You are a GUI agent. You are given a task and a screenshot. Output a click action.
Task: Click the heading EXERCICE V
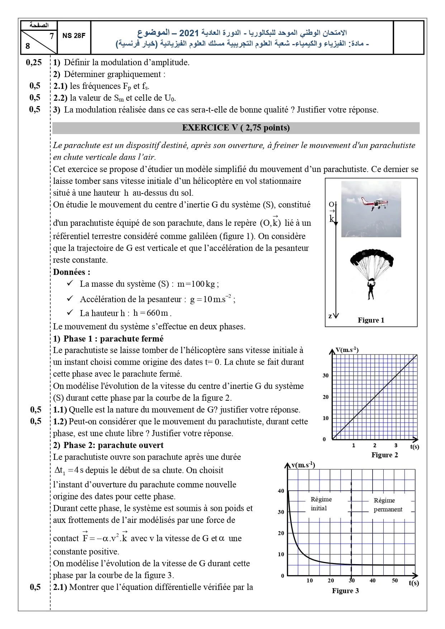tap(236, 128)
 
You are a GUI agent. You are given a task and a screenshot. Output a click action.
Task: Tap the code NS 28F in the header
tap(74, 35)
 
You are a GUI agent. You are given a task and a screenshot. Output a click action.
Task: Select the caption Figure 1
tap(371, 320)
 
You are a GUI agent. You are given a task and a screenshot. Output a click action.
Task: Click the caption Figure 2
tap(384, 455)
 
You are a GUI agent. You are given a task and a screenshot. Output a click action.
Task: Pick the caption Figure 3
tap(345, 591)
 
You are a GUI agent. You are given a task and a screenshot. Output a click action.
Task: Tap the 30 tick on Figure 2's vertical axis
tap(326, 376)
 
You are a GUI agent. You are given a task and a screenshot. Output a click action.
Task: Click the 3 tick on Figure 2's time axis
tap(396, 445)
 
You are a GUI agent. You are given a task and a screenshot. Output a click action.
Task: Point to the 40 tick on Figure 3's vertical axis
tap(281, 491)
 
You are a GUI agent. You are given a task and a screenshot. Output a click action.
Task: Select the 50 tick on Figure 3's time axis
tap(395, 581)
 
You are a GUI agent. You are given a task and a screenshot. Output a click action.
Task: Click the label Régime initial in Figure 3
tap(321, 504)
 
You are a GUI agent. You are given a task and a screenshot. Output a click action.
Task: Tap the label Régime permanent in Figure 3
tap(387, 505)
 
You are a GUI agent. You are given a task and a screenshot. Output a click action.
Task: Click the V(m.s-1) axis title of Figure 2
tap(347, 350)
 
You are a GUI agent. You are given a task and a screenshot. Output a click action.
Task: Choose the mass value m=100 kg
tap(198, 284)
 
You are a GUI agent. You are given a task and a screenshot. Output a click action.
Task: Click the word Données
tap(71, 272)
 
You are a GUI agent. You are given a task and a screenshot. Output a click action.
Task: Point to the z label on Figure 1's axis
tap(330, 316)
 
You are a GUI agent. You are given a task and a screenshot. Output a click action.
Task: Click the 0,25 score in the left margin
tap(34, 62)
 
